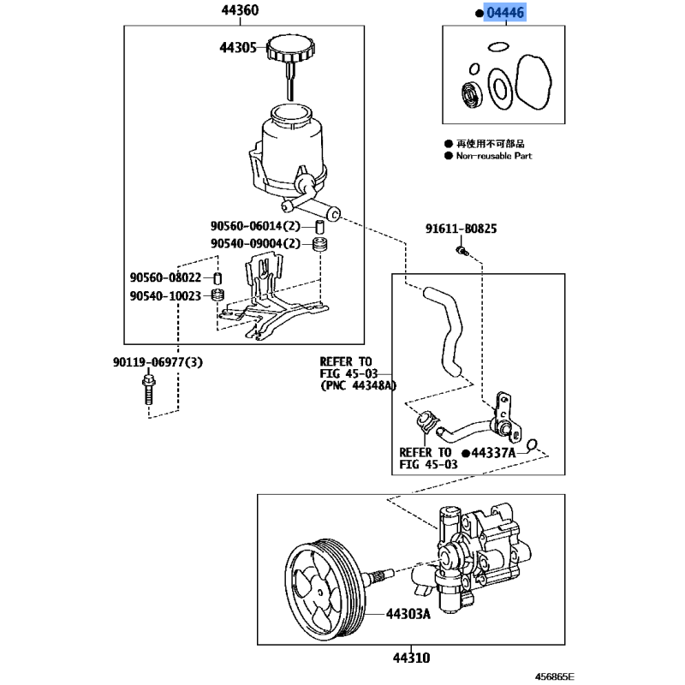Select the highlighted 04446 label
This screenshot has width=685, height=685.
click(x=504, y=13)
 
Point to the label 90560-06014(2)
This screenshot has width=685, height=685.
click(x=255, y=226)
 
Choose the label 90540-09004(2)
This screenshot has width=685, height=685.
click(x=255, y=244)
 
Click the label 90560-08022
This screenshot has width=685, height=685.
click(x=165, y=278)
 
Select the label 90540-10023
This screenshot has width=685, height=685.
click(x=165, y=296)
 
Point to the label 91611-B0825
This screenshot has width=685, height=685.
click(x=462, y=229)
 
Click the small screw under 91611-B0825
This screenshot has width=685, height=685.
click(x=462, y=251)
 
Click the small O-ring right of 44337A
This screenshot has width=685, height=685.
click(x=533, y=445)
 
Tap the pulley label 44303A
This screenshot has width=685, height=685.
click(x=406, y=613)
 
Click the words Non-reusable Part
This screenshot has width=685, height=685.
click(x=493, y=156)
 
